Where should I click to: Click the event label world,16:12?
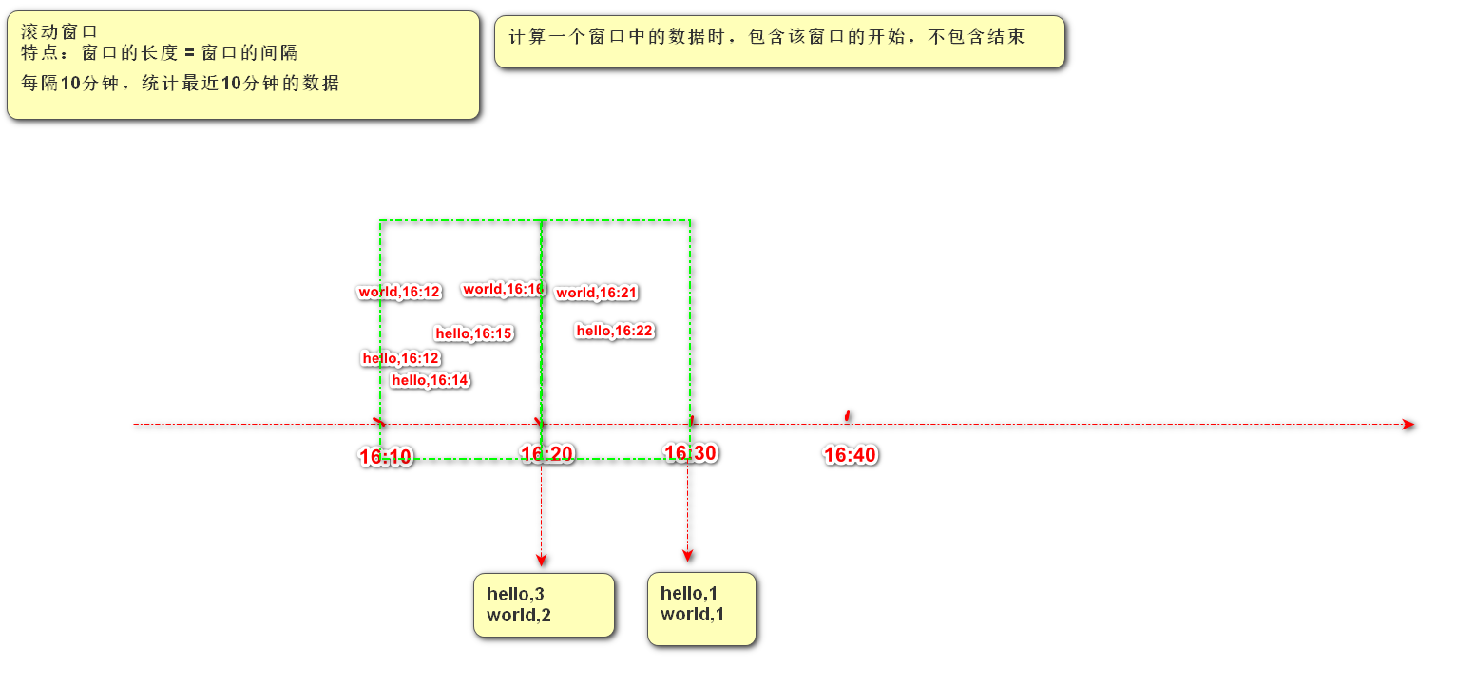[x=399, y=292]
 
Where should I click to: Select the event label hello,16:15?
[x=474, y=333]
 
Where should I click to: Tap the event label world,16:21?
[x=596, y=293]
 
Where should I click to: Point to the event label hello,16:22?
[x=615, y=331]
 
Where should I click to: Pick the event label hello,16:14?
[x=431, y=380]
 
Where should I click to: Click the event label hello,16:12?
[x=401, y=358]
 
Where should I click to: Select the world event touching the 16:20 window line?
[x=503, y=289]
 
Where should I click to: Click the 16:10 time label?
[x=386, y=457]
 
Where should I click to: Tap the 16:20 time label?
[x=547, y=454]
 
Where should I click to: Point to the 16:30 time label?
[x=690, y=453]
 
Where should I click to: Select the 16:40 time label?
[x=850, y=455]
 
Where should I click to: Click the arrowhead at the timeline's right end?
[x=1408, y=425]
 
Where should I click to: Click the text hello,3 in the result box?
[x=515, y=595]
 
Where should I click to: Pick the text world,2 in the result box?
[x=519, y=616]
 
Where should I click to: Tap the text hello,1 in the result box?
[x=689, y=594]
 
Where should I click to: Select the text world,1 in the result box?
[x=692, y=615]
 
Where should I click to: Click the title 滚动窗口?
[x=59, y=31]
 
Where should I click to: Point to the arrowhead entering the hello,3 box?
[x=542, y=560]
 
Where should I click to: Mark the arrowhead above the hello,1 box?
[x=688, y=555]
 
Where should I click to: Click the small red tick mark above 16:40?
[x=848, y=415]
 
